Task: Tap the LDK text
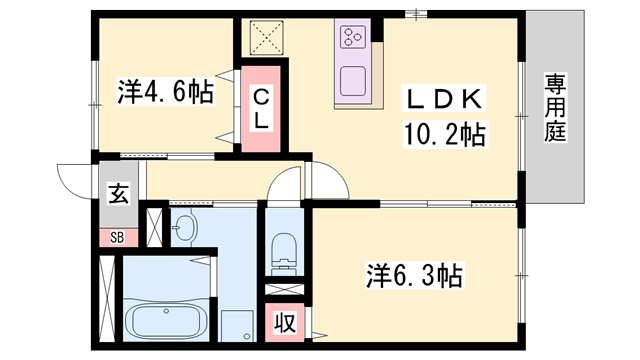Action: coord(444,100)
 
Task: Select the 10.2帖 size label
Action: coord(444,133)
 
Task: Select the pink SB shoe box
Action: coord(117,237)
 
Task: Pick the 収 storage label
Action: coord(285,325)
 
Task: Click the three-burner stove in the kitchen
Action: coord(353,38)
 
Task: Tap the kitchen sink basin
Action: coord(353,79)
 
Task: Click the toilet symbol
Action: coord(285,250)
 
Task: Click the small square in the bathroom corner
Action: coord(237,326)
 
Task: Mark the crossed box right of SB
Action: coord(154,223)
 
